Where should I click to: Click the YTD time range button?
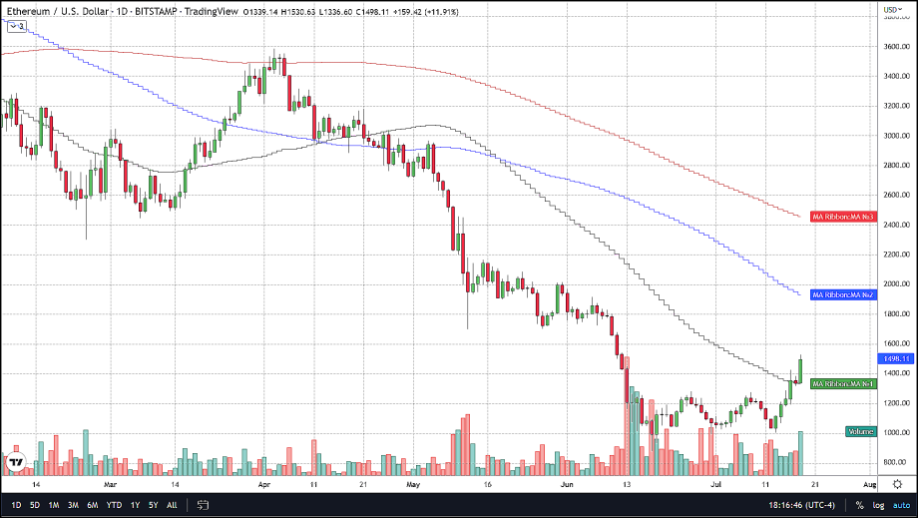pos(115,505)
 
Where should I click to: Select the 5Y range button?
pos(154,505)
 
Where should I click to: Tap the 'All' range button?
pos(172,505)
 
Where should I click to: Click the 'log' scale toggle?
pos(878,505)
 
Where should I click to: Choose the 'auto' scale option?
pos(901,505)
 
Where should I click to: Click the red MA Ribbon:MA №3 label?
pos(843,217)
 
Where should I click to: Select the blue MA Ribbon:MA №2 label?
pos(843,294)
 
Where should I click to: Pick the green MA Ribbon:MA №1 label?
pos(843,383)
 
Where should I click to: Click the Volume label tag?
pos(861,431)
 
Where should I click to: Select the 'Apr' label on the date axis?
pos(264,483)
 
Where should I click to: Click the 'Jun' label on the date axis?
pos(568,483)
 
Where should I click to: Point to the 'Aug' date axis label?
pos(868,483)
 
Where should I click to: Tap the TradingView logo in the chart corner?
pos(16,462)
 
